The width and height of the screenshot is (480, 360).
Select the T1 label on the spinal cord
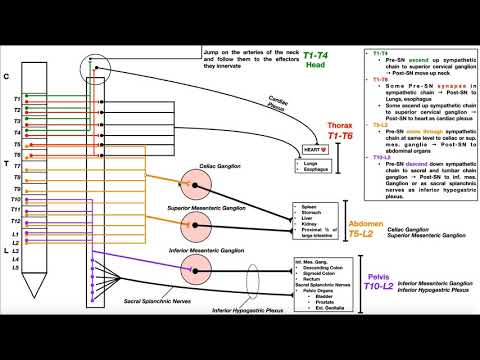click(16, 100)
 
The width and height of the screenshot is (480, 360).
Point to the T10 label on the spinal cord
click(17, 201)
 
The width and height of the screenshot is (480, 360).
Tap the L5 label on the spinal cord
click(16, 268)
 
